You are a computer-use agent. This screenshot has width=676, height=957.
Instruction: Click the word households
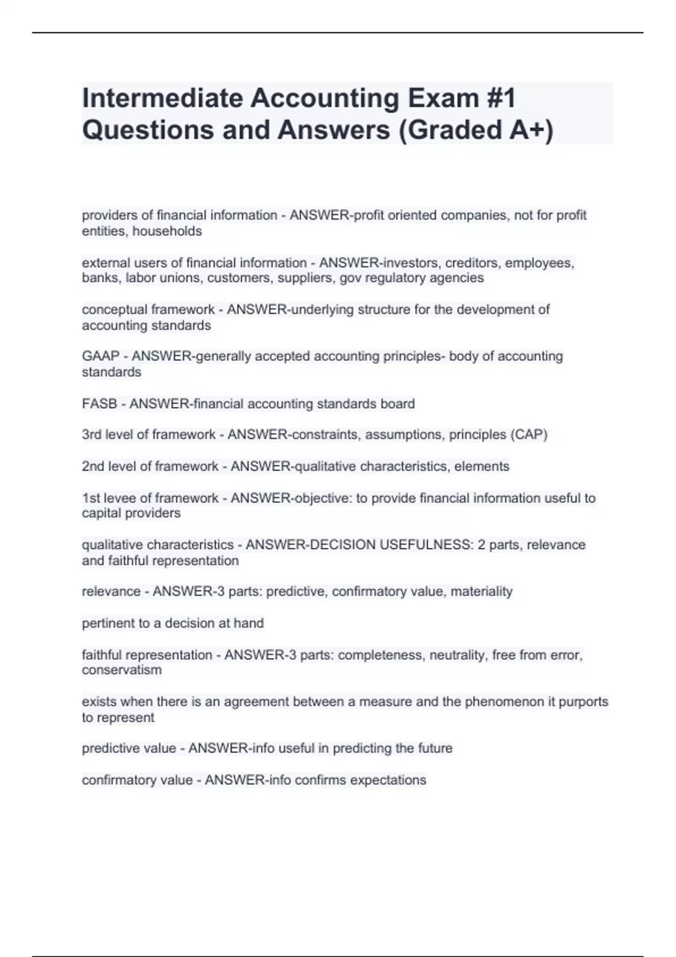(167, 231)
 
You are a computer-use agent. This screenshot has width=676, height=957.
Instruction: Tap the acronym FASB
(100, 404)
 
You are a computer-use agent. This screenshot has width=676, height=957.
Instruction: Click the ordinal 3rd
(92, 435)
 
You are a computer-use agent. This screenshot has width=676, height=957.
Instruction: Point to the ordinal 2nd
(93, 466)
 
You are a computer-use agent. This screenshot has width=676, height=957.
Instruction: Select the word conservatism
(122, 670)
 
